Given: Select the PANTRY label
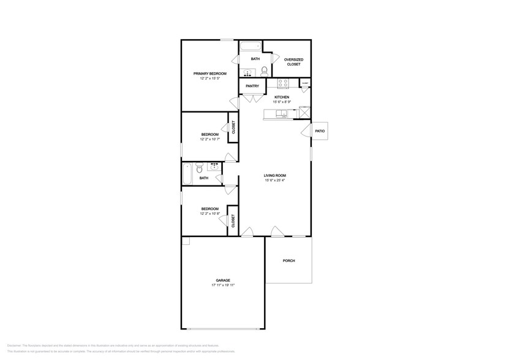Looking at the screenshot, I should click(x=252, y=86).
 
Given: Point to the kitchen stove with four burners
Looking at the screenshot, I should click(x=283, y=84).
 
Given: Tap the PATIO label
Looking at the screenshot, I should click(x=319, y=131).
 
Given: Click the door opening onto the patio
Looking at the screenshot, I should click(x=306, y=131).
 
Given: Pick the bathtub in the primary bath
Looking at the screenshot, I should click(x=250, y=47).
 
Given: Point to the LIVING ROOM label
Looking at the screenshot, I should click(x=275, y=176).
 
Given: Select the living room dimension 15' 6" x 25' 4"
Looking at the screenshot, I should click(x=275, y=181).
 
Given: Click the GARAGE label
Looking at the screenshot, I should click(x=222, y=280).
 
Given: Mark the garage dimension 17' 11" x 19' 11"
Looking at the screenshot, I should click(x=222, y=285).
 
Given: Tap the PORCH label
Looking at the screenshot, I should click(x=288, y=261).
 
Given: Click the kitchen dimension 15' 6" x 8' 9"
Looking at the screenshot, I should click(x=281, y=102).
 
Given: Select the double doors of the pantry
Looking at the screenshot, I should click(x=252, y=95).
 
